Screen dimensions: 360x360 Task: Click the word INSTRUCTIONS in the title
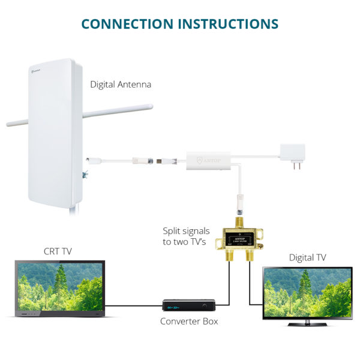coord(230,24)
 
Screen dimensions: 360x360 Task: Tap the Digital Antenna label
coord(121,85)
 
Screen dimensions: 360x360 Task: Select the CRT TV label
coord(58,251)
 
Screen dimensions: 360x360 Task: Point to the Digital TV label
coord(308,257)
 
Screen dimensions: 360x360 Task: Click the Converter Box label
coord(189,322)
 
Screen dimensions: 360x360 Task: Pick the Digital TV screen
coord(307,292)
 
